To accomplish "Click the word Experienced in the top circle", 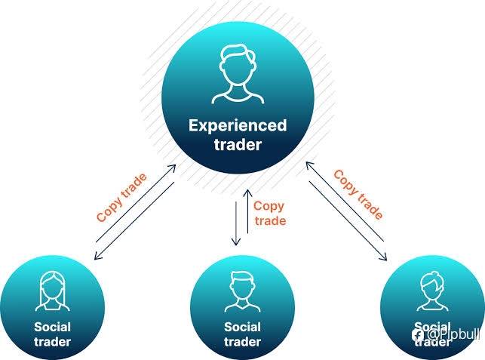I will click(238, 125).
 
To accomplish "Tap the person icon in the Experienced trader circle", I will click(238, 74).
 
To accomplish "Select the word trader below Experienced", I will click(238, 144).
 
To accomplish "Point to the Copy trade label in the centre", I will click(269, 213).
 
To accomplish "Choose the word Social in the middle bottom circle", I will click(242, 327).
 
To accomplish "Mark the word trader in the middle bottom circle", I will click(242, 342).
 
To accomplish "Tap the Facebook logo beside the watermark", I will click(418, 333).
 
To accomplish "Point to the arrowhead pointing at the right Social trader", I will click(383, 257).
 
